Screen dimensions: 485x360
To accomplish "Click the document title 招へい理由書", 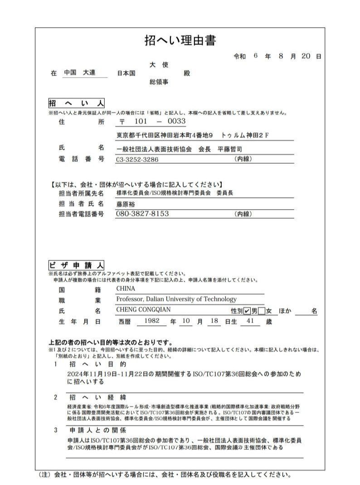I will (x=180, y=41).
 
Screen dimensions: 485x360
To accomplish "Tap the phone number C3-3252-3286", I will (x=137, y=159).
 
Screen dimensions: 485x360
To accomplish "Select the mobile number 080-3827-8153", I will (x=142, y=214).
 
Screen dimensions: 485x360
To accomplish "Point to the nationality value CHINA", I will (x=126, y=289).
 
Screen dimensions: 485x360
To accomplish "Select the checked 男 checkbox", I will (x=247, y=311).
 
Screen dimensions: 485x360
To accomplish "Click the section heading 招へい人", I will (x=76, y=103).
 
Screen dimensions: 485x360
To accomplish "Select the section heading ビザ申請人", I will (x=76, y=265).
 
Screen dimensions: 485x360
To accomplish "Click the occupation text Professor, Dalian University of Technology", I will (x=176, y=299).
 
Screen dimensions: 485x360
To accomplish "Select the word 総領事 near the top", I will (x=159, y=83).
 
